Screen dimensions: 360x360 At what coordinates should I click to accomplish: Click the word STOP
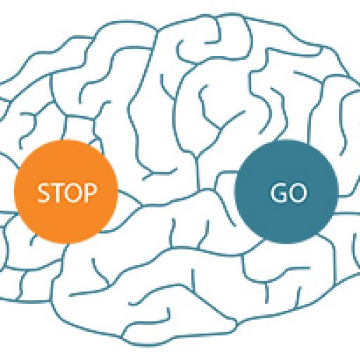coord(67,193)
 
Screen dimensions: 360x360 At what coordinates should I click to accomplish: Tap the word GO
coord(288,193)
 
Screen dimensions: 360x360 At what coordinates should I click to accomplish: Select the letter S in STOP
coord(44,193)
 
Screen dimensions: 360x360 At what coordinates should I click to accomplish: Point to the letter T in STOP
coord(56,193)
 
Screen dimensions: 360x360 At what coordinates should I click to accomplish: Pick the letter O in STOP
coord(72,193)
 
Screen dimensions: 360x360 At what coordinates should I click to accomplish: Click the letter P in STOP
coord(90,193)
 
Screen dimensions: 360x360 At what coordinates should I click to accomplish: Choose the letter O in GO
coord(297,193)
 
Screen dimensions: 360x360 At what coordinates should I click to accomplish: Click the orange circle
coord(65,192)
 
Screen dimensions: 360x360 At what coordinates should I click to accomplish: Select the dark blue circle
coord(286,191)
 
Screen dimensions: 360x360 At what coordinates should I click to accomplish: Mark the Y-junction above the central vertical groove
coord(196,156)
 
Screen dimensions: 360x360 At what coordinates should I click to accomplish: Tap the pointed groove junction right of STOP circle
coord(142,206)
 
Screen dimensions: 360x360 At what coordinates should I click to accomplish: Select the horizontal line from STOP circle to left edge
coord(8,212)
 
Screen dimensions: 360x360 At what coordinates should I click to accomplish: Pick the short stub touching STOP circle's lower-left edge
coord(32,240)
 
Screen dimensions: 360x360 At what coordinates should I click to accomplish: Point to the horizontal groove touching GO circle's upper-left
coord(226,174)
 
